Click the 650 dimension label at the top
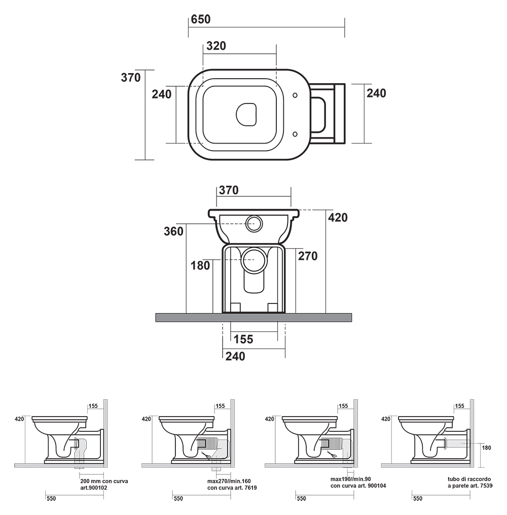201,20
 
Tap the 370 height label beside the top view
131,78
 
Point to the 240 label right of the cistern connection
376,93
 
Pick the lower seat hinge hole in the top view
296,133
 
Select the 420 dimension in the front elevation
338,218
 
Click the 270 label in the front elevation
308,256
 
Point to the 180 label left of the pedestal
200,265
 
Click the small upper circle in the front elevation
253,223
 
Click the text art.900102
94,488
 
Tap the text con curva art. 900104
358,486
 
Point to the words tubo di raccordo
469,479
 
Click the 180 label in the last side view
487,448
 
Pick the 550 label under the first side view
51,499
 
